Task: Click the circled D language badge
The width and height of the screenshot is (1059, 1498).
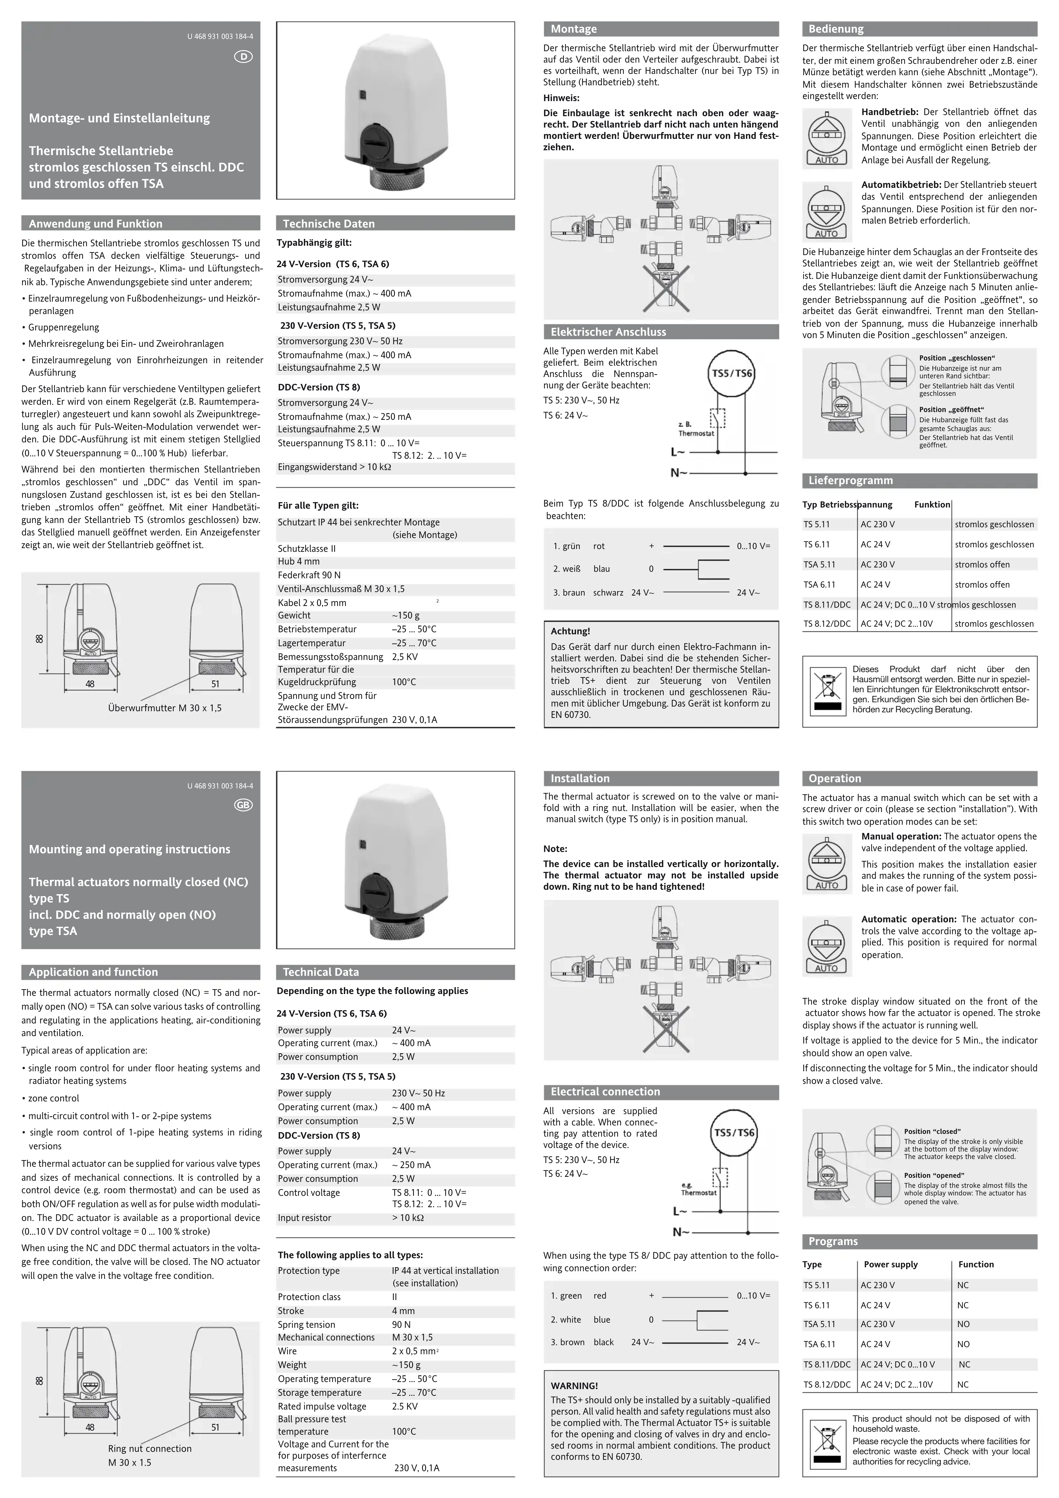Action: point(243,57)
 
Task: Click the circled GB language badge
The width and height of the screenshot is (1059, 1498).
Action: point(243,805)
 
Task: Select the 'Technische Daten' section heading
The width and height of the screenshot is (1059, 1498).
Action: point(329,224)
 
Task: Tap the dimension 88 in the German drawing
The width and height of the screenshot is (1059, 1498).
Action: point(39,638)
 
